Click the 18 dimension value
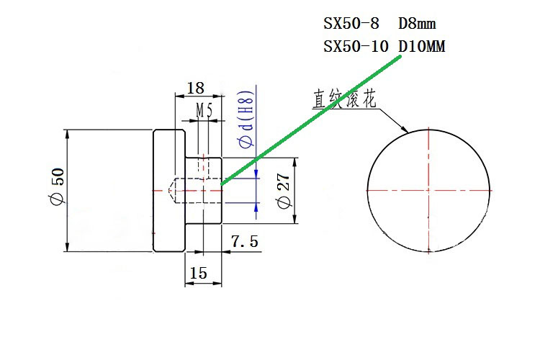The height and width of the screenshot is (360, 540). [x=195, y=88]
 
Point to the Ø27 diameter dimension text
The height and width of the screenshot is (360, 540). [x=283, y=192]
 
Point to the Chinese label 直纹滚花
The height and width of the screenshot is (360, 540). [x=343, y=99]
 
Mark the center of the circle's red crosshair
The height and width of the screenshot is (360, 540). [x=429, y=191]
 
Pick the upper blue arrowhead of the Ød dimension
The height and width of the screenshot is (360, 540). [x=257, y=172]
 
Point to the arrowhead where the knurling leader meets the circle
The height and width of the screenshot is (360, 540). [x=407, y=130]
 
